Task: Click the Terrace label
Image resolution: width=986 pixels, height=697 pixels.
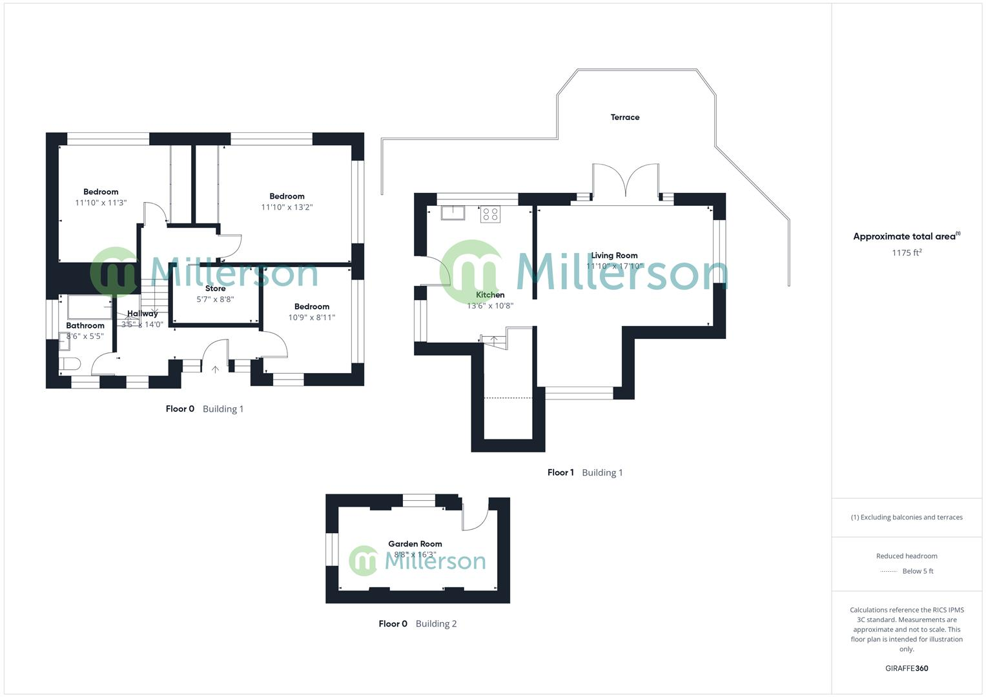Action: [624, 117]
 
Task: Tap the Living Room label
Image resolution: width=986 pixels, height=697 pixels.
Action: [614, 256]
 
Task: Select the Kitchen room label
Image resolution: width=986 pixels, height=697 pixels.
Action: [490, 295]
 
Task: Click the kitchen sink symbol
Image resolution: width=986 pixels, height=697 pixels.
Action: [453, 212]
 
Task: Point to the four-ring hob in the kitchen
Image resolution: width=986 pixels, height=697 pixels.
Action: [490, 214]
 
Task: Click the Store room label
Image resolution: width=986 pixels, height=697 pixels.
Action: [215, 288]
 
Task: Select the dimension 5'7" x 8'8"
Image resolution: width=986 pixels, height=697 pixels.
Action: [215, 299]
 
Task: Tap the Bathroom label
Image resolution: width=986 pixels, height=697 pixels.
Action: [85, 326]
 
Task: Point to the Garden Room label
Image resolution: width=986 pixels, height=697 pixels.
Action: [415, 544]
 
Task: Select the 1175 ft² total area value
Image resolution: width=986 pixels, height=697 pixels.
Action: [907, 253]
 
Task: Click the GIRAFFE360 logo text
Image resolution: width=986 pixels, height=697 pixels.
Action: [907, 669]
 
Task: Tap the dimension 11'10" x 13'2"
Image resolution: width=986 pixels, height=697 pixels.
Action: [287, 207]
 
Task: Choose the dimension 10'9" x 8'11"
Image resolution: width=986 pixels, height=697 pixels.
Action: [311, 318]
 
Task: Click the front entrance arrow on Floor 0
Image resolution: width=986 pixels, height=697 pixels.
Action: [215, 369]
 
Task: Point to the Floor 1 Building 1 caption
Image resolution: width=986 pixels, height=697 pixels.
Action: [585, 472]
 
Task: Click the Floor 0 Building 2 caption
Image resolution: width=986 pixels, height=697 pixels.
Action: [417, 623]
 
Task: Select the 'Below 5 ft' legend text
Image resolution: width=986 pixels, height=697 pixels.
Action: [918, 571]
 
